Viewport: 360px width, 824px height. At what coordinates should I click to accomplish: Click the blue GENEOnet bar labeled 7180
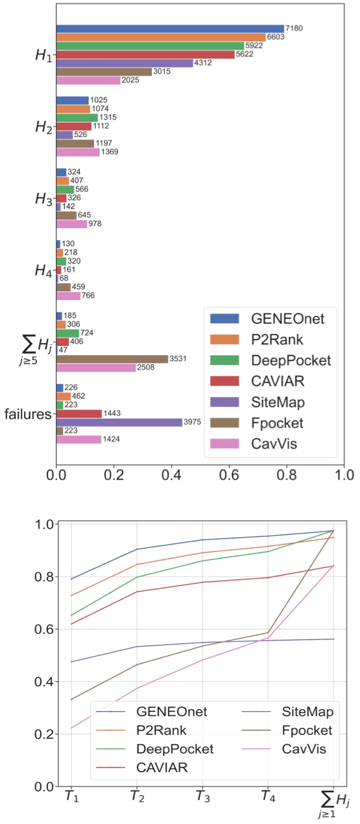(170, 29)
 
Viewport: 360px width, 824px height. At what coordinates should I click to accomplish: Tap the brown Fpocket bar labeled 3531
(112, 359)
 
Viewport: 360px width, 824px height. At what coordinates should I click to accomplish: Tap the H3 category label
(43, 199)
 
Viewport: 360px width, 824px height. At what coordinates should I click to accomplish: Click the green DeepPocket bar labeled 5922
(150, 46)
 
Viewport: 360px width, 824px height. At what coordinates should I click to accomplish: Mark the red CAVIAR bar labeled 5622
(145, 55)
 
